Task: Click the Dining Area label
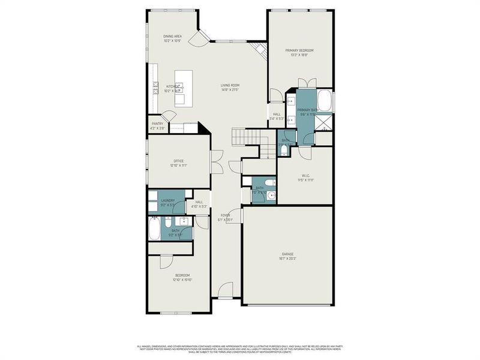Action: pyautogui.click(x=173, y=39)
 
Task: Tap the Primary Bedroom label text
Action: pyautogui.click(x=299, y=52)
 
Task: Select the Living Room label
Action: pyautogui.click(x=230, y=88)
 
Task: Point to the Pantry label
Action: pyautogui.click(x=158, y=125)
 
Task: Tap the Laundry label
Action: pyautogui.click(x=167, y=203)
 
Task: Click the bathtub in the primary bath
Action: pyautogui.click(x=324, y=101)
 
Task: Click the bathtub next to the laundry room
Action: pyautogui.click(x=155, y=228)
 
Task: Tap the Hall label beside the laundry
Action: pyautogui.click(x=199, y=204)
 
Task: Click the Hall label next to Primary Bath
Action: pyautogui.click(x=277, y=116)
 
